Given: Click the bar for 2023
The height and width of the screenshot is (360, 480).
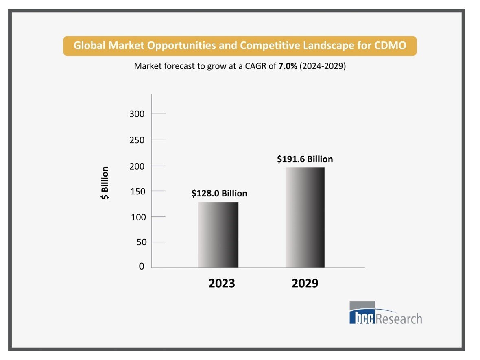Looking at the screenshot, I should tap(218, 235).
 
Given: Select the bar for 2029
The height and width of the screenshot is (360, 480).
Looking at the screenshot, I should tap(305, 217).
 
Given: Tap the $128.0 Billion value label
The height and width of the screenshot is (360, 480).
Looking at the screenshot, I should tap(219, 193).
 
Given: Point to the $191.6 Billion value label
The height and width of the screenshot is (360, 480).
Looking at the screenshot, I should tap(305, 159).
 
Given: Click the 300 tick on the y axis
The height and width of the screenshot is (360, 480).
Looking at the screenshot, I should tap(137, 114).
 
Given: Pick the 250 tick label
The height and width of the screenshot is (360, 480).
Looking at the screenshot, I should tap(137, 140).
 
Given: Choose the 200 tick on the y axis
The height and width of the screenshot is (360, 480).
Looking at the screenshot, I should tap(137, 166).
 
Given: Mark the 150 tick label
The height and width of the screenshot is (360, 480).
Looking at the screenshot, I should tap(137, 191).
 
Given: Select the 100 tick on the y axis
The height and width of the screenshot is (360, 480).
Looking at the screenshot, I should tap(137, 217).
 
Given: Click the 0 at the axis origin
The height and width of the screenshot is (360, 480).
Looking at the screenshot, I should tap(142, 266).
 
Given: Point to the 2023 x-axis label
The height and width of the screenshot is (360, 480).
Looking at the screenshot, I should tap(222, 284).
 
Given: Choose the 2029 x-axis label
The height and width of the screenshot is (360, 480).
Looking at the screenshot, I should tap(305, 284).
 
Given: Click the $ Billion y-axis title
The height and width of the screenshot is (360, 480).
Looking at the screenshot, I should tap(105, 183).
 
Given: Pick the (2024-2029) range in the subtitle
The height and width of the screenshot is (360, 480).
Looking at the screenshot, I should tap(323, 66).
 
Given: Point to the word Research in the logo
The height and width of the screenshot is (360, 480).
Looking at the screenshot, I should tap(399, 318).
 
